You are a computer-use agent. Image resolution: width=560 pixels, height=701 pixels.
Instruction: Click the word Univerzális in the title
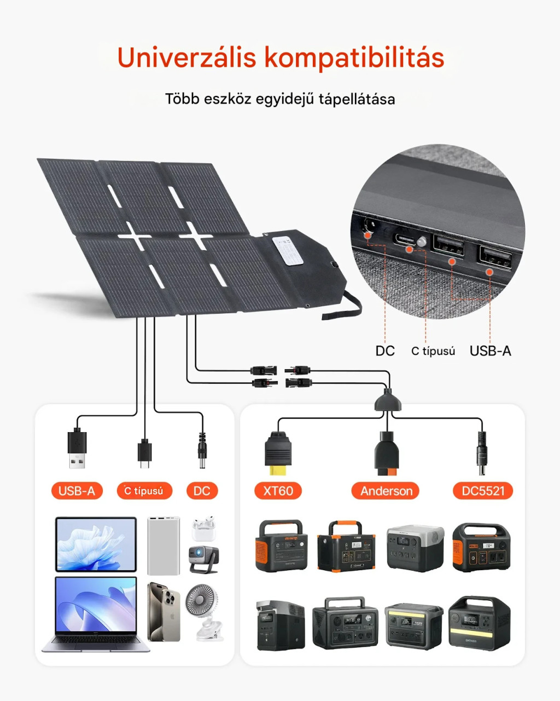186,58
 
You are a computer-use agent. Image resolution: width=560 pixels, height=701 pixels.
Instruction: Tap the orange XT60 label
278,491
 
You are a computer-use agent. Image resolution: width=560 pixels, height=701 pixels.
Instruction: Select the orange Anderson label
386,491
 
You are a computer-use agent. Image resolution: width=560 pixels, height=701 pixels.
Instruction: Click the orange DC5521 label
483,491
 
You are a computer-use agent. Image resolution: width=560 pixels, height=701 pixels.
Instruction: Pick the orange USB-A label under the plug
77,491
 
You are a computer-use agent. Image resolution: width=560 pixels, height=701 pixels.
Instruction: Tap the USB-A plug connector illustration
77,449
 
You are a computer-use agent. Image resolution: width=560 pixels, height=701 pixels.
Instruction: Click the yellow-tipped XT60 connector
278,455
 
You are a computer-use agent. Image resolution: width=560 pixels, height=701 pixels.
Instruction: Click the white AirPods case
203,529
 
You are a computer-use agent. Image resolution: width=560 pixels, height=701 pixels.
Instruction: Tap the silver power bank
164,545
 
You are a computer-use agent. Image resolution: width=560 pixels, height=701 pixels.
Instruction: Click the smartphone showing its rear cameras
164,612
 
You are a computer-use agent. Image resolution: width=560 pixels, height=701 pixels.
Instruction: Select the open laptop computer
96,613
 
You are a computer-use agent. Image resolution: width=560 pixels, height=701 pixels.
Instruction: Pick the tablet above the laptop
96,544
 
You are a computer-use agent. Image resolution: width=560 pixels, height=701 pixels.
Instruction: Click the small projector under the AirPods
203,559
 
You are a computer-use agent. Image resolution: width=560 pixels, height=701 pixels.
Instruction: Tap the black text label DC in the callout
385,351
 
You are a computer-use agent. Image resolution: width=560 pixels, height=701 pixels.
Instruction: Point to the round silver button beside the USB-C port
422,242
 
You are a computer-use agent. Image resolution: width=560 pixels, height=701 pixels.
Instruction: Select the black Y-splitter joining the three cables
387,402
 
